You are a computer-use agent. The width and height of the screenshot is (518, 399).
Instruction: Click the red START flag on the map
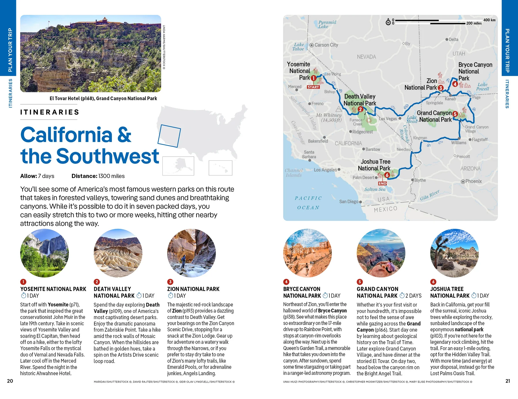[x=313, y=87]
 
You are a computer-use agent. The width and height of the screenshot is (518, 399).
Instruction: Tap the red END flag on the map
[x=382, y=184]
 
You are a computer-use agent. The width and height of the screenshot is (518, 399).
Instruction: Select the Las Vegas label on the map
[x=388, y=119]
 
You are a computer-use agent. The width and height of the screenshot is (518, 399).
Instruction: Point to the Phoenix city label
[x=473, y=181]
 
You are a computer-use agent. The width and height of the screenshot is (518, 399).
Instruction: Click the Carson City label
[x=326, y=45]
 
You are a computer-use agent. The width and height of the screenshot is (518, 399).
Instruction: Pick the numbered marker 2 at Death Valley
[x=360, y=109]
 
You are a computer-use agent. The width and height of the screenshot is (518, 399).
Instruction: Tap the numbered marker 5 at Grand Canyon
[x=455, y=114]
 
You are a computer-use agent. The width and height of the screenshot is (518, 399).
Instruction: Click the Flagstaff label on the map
[x=479, y=140]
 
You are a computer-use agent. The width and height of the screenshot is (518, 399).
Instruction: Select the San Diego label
[x=349, y=202]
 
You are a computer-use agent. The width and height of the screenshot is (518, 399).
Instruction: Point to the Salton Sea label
[x=375, y=189]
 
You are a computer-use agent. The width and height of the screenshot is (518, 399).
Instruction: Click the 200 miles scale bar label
[x=474, y=23]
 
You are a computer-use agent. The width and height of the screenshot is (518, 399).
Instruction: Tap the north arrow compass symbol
[x=388, y=22]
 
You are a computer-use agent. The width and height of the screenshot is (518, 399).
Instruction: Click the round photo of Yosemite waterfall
[x=45, y=253]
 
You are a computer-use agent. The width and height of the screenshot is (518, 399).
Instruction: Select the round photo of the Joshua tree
[x=454, y=253]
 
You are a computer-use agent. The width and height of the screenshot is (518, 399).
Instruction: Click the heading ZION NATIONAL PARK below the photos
[x=193, y=289]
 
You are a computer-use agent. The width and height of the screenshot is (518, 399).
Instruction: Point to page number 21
[x=508, y=381]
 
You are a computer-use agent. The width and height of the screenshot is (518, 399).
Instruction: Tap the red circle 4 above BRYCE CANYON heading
[x=286, y=282]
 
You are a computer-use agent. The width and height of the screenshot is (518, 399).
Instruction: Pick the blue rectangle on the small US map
[x=169, y=136]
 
